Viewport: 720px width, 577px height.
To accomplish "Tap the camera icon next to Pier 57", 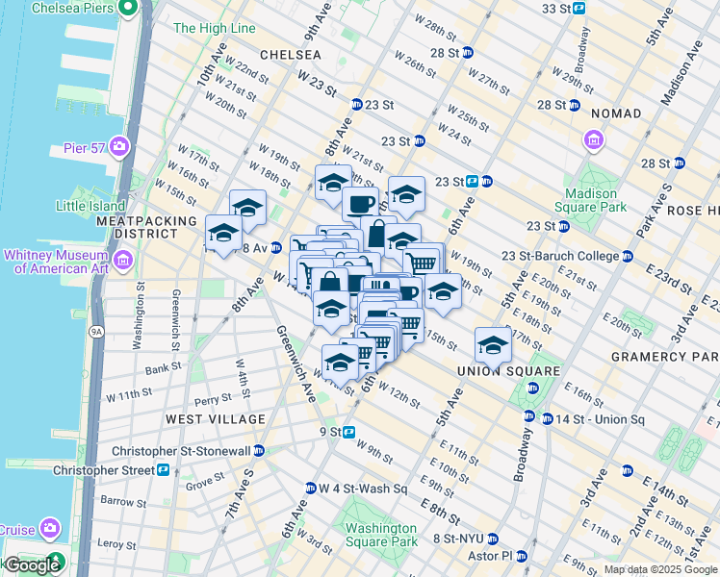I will (x=119, y=146).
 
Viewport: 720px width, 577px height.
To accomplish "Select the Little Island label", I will (x=90, y=206).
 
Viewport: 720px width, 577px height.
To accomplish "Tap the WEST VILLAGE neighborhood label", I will (x=214, y=419).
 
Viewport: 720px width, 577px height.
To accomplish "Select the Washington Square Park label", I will (x=381, y=535).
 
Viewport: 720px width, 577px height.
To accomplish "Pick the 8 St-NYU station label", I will (x=457, y=539).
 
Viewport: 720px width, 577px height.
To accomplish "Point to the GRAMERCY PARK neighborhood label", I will (x=664, y=357).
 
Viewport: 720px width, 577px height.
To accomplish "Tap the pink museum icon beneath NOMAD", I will (x=594, y=142).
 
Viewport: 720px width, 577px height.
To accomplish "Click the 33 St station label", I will (x=555, y=9).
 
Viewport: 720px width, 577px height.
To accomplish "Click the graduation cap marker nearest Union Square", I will (x=492, y=344).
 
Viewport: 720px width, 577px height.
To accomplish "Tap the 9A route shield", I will (x=96, y=332).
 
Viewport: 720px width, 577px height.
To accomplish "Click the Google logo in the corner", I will (x=31, y=565).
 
